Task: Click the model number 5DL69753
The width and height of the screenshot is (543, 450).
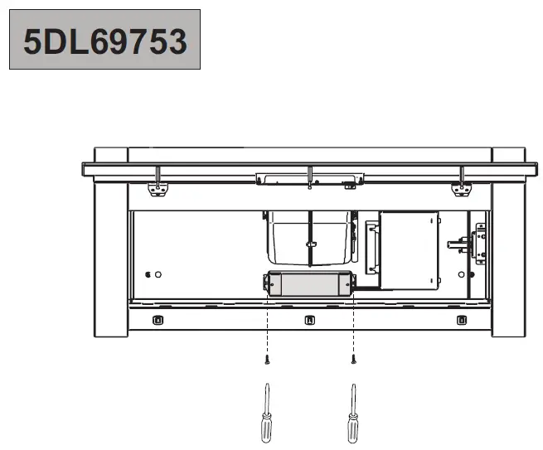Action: click(x=104, y=40)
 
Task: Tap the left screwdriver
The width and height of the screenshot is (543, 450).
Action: click(x=266, y=414)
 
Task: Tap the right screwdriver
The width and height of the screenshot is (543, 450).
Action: click(x=354, y=414)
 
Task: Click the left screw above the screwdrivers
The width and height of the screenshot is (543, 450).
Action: click(x=266, y=360)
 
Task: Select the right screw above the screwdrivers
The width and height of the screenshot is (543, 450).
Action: click(x=353, y=360)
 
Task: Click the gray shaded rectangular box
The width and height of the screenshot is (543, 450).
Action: click(x=310, y=283)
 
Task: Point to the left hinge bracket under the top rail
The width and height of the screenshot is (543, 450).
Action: click(x=156, y=186)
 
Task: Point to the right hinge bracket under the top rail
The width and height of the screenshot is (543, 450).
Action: click(x=460, y=186)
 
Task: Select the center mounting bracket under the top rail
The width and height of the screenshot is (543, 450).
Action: click(x=309, y=177)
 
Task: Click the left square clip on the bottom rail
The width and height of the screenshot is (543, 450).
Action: click(x=159, y=319)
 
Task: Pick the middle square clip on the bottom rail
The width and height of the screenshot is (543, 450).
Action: click(x=310, y=319)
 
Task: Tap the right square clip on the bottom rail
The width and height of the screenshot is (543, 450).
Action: click(x=461, y=319)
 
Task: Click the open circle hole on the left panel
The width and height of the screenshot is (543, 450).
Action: click(x=159, y=274)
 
